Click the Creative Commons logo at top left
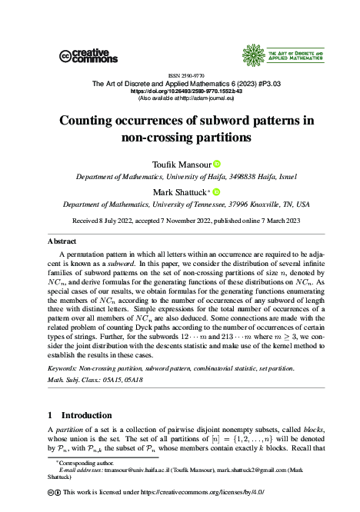tap(88, 55)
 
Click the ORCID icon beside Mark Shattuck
tap(216, 192)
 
